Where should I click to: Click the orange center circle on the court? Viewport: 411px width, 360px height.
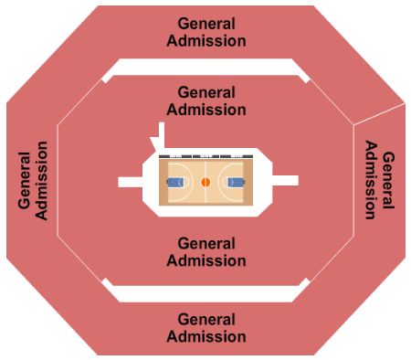[205, 182]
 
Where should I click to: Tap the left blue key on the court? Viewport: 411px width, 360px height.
[174, 182]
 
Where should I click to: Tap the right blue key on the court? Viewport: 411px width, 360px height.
[237, 182]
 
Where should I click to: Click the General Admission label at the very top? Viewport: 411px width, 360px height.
[205, 32]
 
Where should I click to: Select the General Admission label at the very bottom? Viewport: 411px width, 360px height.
[205, 328]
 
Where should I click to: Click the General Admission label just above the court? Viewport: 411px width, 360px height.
[205, 101]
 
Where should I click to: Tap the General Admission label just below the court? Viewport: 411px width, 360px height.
[205, 252]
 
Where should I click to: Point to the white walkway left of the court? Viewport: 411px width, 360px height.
[130, 182]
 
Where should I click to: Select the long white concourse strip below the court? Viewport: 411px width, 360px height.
[205, 294]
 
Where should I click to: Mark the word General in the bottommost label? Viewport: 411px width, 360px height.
[205, 320]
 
